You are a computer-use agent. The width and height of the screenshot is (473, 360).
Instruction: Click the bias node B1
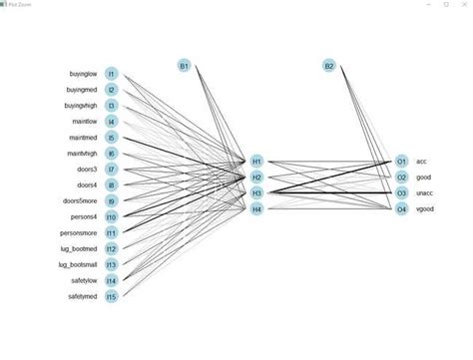tap(184, 66)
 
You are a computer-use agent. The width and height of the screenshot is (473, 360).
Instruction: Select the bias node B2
tap(329, 66)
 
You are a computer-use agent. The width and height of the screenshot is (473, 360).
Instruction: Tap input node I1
tap(112, 73)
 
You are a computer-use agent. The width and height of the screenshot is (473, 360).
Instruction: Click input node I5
tap(112, 137)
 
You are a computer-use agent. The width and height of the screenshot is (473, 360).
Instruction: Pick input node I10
tap(112, 216)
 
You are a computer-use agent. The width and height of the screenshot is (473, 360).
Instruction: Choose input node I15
tap(112, 296)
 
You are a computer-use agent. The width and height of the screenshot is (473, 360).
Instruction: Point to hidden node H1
tap(256, 161)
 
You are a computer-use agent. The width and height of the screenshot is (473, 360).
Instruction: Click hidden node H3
tap(256, 192)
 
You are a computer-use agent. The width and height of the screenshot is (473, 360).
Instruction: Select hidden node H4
tap(256, 208)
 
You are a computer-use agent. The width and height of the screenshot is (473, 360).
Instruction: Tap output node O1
tap(401, 161)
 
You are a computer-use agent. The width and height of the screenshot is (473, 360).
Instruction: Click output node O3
tap(401, 192)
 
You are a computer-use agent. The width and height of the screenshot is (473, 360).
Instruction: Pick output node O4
tap(401, 208)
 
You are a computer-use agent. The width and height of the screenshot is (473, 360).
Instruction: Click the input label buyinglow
tap(82, 73)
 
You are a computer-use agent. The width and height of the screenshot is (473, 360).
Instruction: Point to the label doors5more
tap(80, 200)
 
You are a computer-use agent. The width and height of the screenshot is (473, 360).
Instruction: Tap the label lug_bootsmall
tap(78, 264)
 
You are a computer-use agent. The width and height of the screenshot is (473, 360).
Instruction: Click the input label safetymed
tap(83, 296)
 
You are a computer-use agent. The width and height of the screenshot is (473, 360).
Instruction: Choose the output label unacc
tap(424, 192)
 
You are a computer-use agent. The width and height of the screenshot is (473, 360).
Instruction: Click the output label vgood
tap(424, 208)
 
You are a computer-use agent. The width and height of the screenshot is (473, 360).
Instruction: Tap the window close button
tap(464, 4)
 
